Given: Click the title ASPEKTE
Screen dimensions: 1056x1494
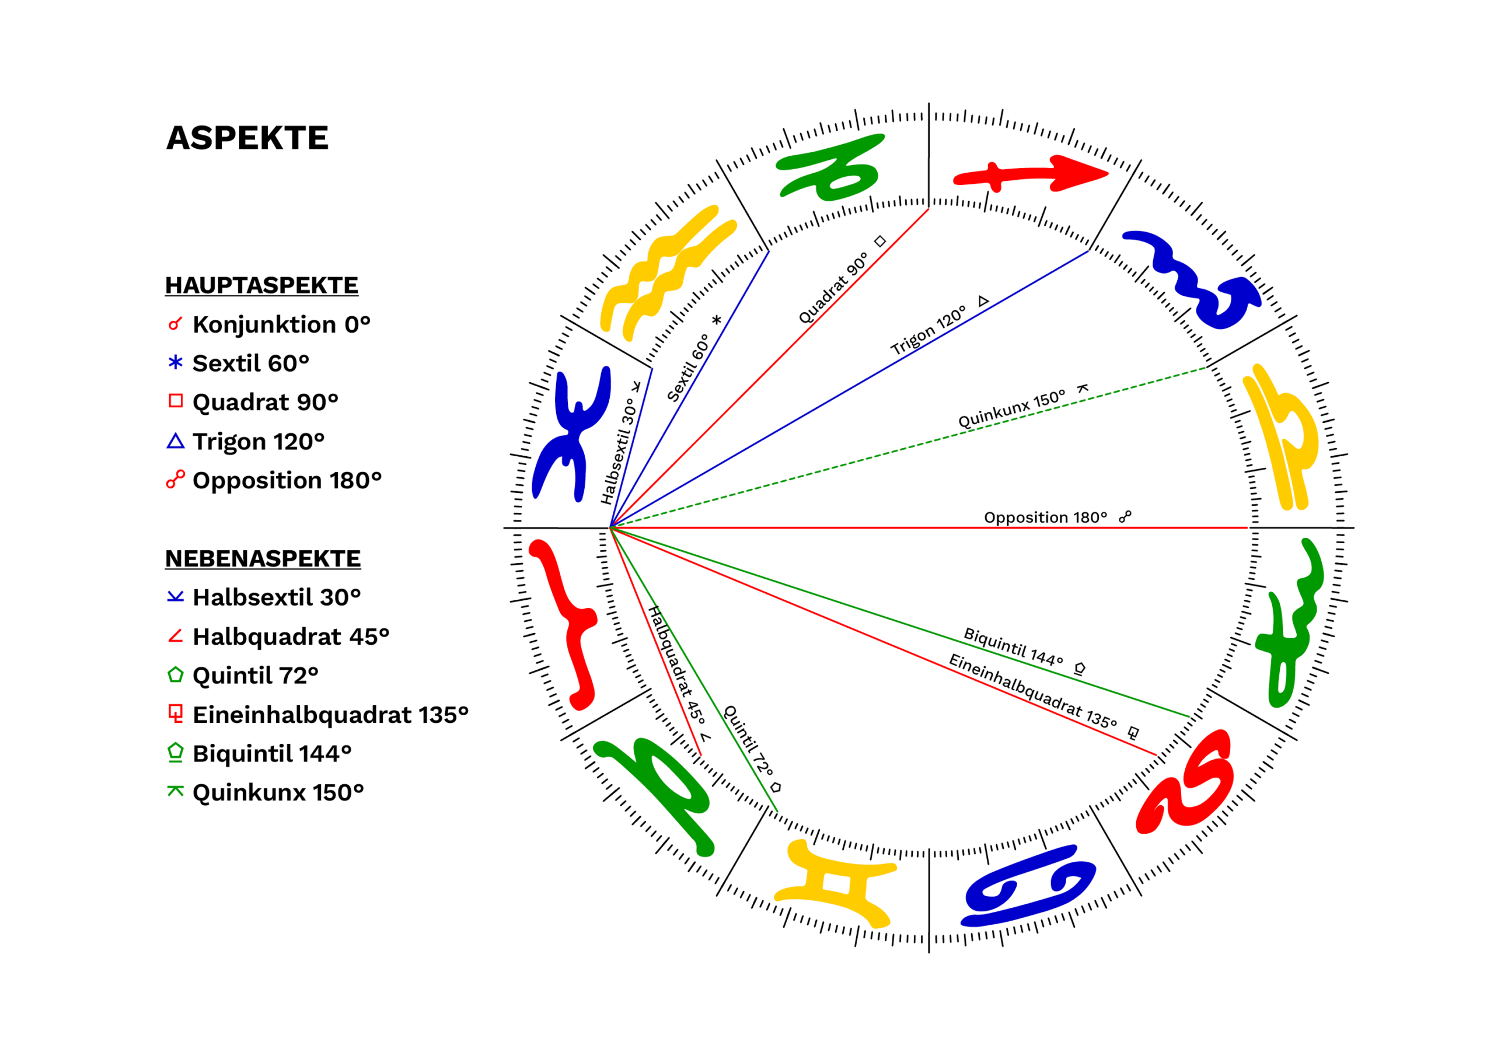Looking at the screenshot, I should (x=247, y=138).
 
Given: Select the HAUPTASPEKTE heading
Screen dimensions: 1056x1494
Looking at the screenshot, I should (x=261, y=285).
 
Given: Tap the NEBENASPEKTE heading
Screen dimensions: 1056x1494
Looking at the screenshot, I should (x=263, y=558).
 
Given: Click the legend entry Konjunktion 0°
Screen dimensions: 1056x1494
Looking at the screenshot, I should (x=281, y=324).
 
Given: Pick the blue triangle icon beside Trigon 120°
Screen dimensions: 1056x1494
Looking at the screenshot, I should (x=175, y=441).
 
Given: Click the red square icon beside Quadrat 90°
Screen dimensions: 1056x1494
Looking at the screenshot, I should (x=175, y=401).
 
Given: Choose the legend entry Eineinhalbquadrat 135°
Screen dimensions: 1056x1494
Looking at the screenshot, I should (x=330, y=715).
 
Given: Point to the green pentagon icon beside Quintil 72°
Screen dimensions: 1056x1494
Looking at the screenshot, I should (x=175, y=674).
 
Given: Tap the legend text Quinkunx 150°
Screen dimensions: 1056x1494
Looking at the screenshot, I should (x=278, y=792).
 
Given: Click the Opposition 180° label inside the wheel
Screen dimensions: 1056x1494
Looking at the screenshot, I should (x=1045, y=517).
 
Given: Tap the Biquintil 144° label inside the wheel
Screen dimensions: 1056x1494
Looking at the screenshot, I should (x=1013, y=646).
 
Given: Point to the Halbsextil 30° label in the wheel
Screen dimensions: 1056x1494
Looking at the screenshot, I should (x=617, y=451).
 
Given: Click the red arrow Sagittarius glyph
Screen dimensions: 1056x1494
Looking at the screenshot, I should (x=1031, y=174).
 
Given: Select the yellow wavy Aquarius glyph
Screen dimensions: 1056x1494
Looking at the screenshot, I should (x=667, y=273).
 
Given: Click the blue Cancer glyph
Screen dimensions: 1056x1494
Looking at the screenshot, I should (x=1028, y=886).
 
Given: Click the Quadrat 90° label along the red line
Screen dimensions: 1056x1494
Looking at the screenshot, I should (x=833, y=288).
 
